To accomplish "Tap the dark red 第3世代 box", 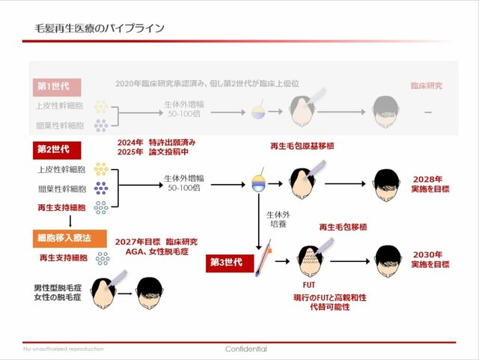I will click(228, 262).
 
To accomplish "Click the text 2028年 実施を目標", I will click(431, 185).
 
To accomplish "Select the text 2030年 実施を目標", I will click(431, 259).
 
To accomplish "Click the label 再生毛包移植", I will click(344, 226).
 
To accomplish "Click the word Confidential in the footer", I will click(246, 349).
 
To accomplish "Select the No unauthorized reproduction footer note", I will click(64, 349).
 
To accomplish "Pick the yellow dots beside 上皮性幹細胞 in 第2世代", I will click(101, 170).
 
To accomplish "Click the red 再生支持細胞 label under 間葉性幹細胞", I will click(61, 207).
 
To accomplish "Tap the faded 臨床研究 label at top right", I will click(427, 86).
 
